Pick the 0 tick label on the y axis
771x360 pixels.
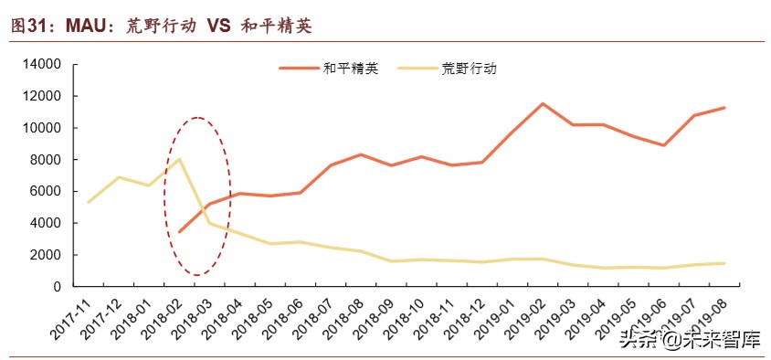(57, 287)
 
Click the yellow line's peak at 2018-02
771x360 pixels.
(179, 160)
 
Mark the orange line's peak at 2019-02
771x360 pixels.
(543, 104)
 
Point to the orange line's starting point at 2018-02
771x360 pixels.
(179, 232)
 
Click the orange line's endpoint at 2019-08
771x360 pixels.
(724, 108)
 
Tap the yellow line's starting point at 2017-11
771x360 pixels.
(89, 202)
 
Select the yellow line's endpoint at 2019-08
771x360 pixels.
(724, 263)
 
